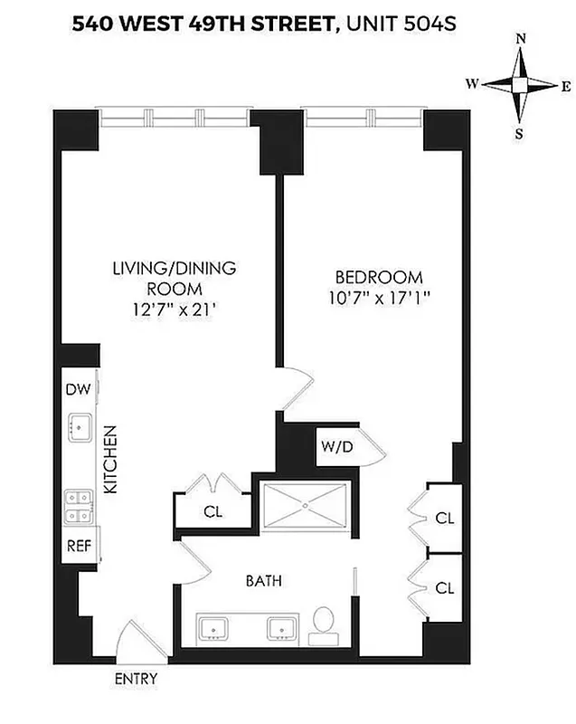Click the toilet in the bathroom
tap(323, 625)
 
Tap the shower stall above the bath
tap(305, 511)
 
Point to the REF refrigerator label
tap(76, 546)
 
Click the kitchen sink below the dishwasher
tap(80, 426)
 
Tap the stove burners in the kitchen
tap(76, 507)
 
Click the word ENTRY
tap(136, 679)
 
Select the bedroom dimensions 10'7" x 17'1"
tap(379, 298)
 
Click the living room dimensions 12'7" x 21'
tap(174, 308)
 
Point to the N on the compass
tap(520, 38)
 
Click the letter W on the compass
tap(472, 84)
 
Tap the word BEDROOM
tap(379, 277)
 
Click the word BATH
tap(263, 581)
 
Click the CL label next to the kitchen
tap(213, 510)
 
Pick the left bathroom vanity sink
tap(216, 627)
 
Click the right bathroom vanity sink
tap(279, 627)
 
